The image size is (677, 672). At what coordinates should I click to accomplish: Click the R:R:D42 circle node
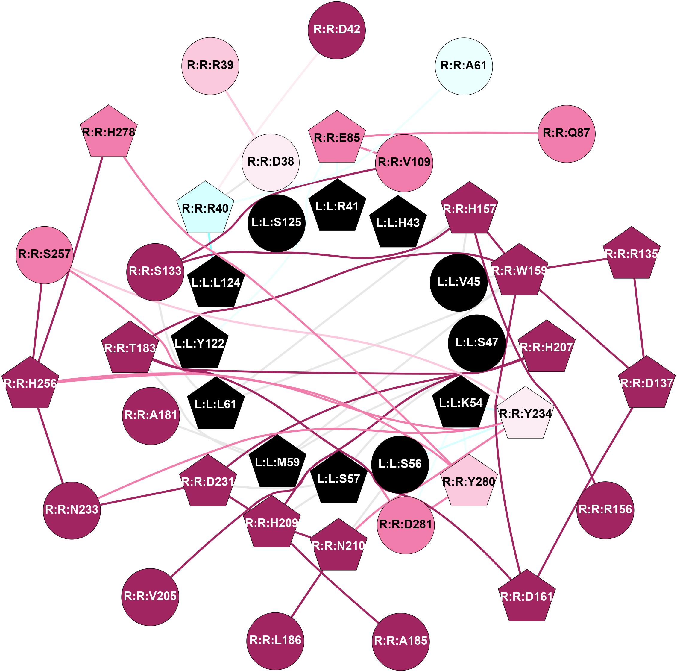pos(336,30)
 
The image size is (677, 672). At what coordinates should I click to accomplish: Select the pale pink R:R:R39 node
pos(210,66)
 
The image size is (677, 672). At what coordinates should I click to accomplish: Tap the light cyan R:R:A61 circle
pos(464,66)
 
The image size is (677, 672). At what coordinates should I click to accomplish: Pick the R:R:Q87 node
pos(566,134)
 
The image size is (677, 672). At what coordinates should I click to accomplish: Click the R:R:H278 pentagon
pos(109,133)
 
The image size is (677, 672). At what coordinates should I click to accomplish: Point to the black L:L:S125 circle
pos(277,223)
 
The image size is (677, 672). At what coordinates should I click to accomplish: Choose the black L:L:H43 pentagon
pos(398,223)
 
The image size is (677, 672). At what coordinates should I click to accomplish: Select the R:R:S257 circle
pos(45,255)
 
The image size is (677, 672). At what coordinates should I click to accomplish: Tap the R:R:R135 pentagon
pos(632,254)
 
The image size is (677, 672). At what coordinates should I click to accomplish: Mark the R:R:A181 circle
pos(151,416)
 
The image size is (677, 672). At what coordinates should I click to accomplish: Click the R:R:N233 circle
pos(72,510)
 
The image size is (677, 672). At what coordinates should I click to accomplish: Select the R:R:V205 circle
pos(150,597)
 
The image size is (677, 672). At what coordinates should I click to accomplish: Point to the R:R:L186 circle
pos(275,641)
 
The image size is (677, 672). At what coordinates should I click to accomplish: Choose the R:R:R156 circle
pos(605,510)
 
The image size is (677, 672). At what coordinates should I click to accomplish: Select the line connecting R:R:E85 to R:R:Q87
pos(452,133)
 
